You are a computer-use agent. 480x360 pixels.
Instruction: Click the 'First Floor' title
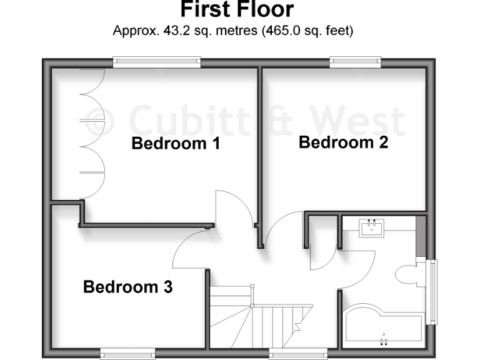coord(236,9)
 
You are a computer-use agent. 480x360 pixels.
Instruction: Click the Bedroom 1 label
coord(176,144)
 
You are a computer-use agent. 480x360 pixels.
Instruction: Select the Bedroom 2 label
coord(343,142)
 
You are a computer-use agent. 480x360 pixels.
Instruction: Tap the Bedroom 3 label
coord(127,287)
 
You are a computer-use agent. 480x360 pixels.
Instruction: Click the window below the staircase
coord(290,354)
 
